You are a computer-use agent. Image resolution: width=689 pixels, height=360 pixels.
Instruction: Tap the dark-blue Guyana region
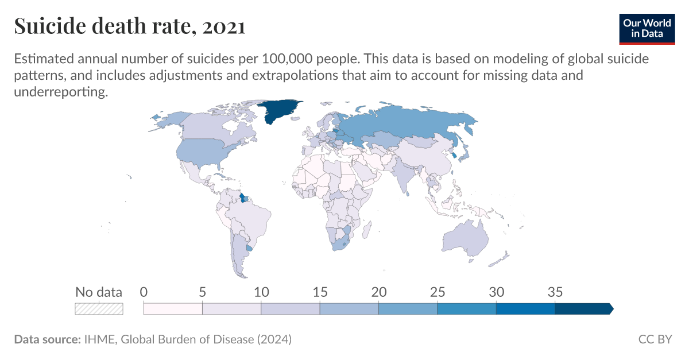[x=243, y=198]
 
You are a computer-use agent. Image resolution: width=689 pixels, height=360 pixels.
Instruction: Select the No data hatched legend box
[x=99, y=308]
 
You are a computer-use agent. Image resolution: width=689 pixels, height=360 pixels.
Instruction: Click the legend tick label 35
[x=555, y=292]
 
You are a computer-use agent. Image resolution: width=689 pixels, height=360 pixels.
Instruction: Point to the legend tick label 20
[x=378, y=292]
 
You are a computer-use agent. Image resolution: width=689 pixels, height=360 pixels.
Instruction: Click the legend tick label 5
[x=202, y=292]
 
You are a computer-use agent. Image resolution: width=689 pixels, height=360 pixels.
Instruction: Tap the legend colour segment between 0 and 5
[x=173, y=308]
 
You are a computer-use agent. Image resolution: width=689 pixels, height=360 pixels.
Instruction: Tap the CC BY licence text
[x=655, y=339]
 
